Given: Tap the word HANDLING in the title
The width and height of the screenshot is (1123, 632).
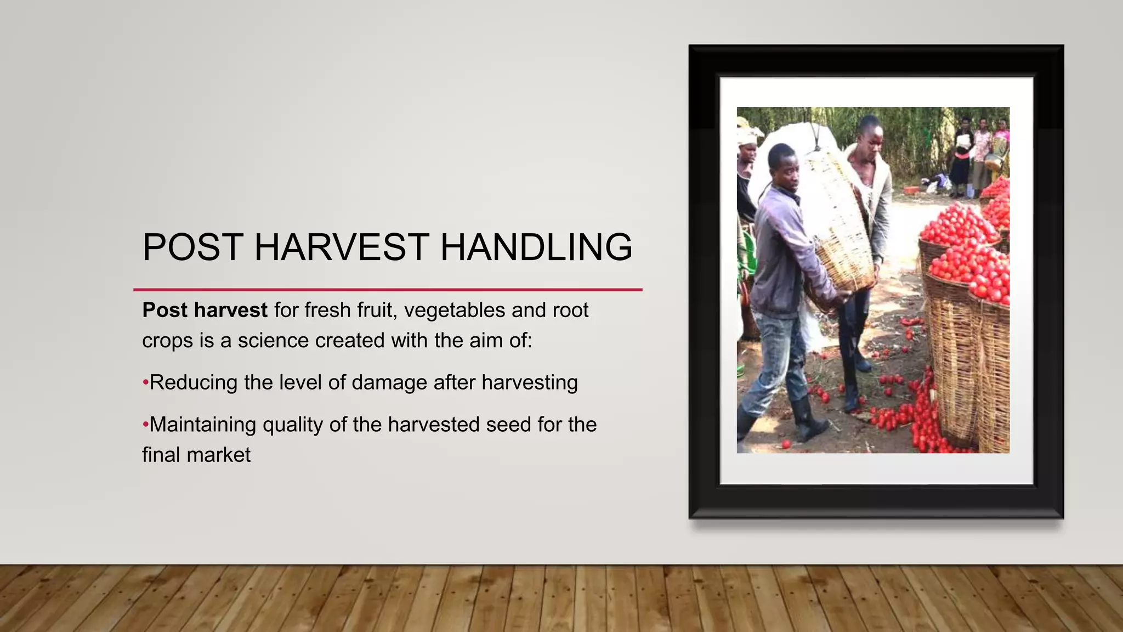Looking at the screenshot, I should pos(536,247).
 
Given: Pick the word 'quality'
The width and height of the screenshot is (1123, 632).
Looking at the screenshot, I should pos(293,425).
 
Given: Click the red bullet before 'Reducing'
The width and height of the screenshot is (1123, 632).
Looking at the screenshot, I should pos(145,382).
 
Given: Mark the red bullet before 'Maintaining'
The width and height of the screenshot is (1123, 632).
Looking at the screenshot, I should pos(145,425).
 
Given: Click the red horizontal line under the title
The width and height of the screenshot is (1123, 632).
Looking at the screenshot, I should pos(388,289).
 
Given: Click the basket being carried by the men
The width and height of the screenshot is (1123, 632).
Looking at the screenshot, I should pos(839,225).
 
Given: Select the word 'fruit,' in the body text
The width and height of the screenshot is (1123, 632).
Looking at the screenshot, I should pos(376,311).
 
